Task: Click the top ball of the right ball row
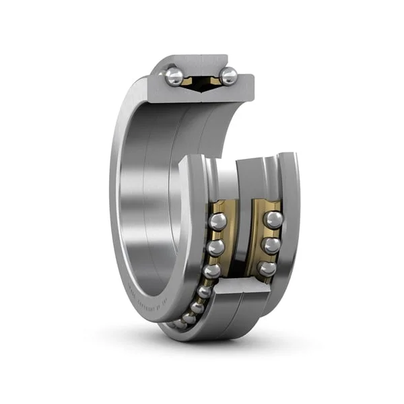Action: pyautogui.click(x=273, y=219)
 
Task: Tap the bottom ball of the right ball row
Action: pyautogui.click(x=267, y=268)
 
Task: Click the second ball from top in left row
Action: pyautogui.click(x=215, y=248)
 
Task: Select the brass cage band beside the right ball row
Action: pyautogui.click(x=259, y=236)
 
